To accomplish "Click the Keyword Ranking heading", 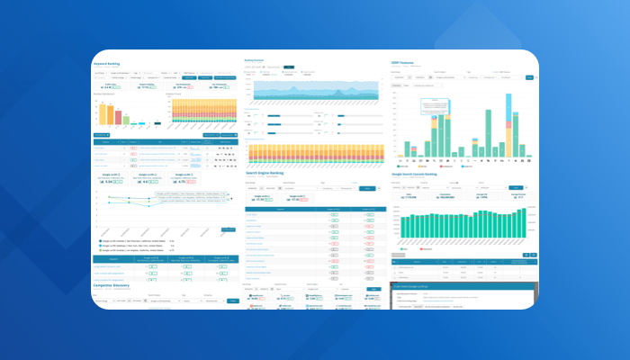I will tap(107, 64).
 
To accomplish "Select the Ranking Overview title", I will tap(262, 60).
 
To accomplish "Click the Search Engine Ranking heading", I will tap(270, 175).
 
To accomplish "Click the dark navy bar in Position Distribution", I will tap(157, 123).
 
